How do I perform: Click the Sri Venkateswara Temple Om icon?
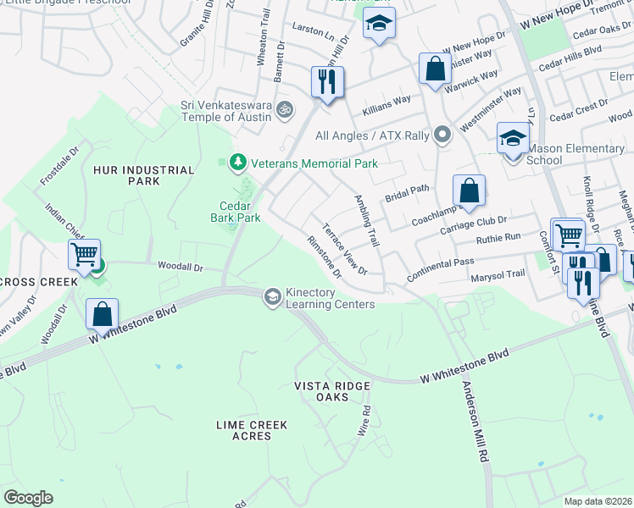pyautogui.click(x=286, y=108)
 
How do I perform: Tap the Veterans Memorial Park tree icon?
pyautogui.click(x=238, y=162)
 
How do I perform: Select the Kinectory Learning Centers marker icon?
pyautogui.click(x=272, y=295)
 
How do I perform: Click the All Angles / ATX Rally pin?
pyautogui.click(x=442, y=135)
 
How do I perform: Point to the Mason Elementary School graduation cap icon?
pyautogui.click(x=512, y=138)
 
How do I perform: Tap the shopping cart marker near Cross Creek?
pyautogui.click(x=84, y=254)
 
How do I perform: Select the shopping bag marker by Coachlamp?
pyautogui.click(x=469, y=190)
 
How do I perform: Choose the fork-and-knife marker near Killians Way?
pyautogui.click(x=326, y=82)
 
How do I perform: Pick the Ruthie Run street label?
pyautogui.click(x=498, y=238)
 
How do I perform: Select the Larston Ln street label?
pyautogui.click(x=313, y=32)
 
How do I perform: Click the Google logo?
pyautogui.click(x=29, y=497)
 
